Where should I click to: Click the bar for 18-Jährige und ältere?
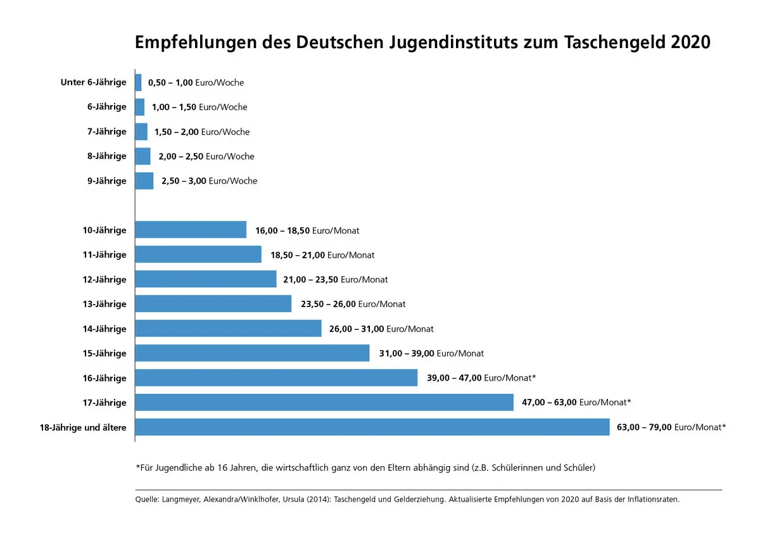tap(372, 427)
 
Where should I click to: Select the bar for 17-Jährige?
tap(324, 403)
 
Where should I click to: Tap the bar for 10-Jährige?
tap(191, 230)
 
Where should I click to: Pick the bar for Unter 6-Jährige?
tap(138, 82)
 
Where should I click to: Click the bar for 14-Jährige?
tap(228, 329)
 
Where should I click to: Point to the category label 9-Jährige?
tap(107, 181)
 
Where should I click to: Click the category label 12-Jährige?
tap(104, 279)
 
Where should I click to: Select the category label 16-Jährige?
tap(104, 378)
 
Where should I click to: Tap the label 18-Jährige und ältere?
tap(83, 427)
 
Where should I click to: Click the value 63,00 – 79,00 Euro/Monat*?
tap(671, 427)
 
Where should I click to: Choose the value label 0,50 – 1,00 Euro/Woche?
tap(196, 82)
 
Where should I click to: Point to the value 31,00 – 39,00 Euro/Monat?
tap(431, 353)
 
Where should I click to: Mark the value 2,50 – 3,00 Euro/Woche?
tap(209, 181)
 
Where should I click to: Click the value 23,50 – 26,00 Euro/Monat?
tap(353, 304)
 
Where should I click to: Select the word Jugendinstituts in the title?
tap(453, 42)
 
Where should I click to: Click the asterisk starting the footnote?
tap(137, 467)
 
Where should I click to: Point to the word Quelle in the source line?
tap(148, 500)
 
